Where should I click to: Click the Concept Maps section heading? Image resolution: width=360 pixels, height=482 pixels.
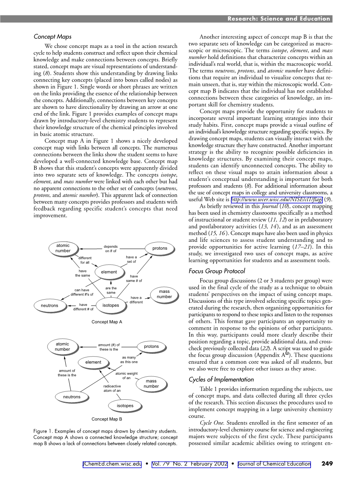pos(53,37)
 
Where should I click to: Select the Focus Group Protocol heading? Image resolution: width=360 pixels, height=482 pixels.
pos(217,271)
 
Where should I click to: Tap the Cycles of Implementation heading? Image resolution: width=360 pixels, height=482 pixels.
pos(221,380)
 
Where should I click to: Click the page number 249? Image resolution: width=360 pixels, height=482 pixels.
pos(327,464)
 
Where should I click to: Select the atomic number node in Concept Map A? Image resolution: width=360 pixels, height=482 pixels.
pos(63,248)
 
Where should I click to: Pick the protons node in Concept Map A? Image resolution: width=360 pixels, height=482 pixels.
pos(160,249)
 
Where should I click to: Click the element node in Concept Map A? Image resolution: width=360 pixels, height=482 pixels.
pos(109,272)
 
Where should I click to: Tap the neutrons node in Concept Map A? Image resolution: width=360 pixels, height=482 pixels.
pos(49,306)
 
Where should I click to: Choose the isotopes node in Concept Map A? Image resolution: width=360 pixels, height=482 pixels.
pos(111,306)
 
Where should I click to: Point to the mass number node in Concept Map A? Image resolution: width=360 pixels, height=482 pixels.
pos(164,294)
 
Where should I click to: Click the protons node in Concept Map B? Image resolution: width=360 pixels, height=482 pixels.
pos(151,347)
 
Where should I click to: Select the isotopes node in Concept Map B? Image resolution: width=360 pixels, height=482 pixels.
pos(125,406)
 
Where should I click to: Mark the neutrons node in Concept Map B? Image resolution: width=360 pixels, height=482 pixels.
pos(72,397)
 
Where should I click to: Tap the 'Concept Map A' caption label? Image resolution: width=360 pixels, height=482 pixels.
pos(107,322)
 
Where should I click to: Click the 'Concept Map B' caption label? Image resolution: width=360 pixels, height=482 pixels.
pos(107,419)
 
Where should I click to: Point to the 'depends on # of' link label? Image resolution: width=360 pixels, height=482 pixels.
pos(111,249)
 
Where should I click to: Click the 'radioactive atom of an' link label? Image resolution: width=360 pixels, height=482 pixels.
pos(112,388)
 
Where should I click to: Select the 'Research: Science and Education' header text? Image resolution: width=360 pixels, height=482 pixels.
pos(279,19)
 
